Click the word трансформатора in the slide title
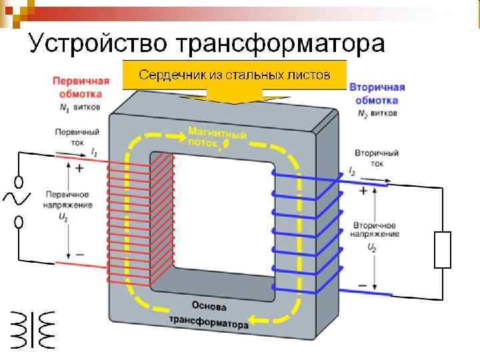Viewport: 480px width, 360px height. point(281,43)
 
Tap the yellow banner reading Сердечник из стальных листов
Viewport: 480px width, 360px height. point(234,75)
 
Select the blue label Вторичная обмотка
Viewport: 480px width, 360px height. point(377,94)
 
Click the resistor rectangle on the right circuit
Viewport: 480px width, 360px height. point(443,249)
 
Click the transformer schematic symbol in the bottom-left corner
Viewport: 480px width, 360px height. point(31,329)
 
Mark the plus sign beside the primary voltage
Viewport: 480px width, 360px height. point(80,169)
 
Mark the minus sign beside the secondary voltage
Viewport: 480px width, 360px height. point(363,285)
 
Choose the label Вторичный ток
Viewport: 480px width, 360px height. point(377,157)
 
